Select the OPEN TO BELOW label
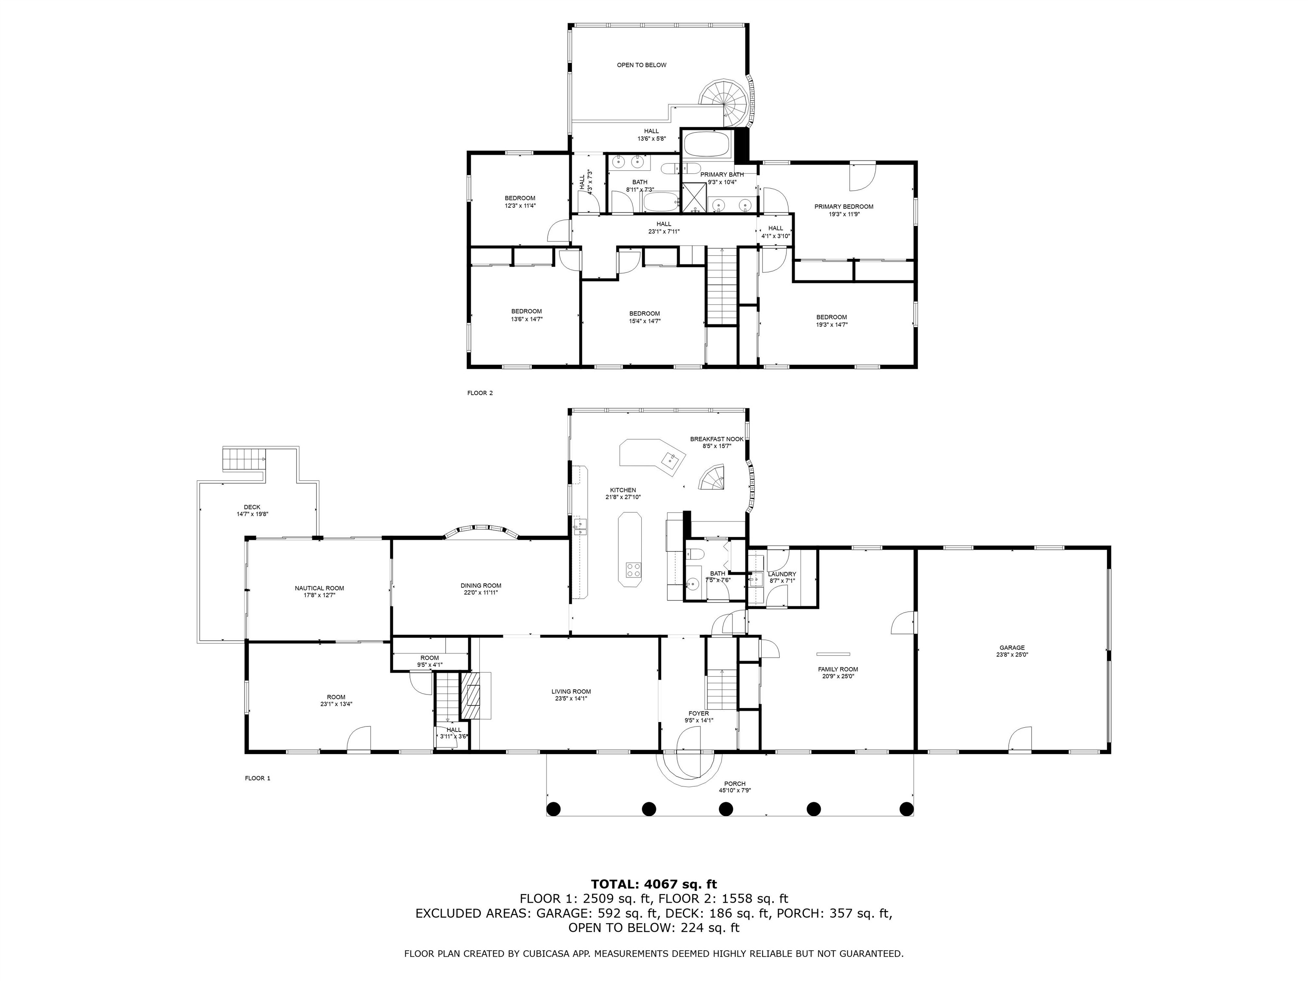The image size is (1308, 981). pyautogui.click(x=642, y=65)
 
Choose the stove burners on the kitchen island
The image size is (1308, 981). pyautogui.click(x=633, y=570)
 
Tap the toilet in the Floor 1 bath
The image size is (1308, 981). pyautogui.click(x=694, y=554)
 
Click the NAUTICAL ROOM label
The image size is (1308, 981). pyautogui.click(x=319, y=588)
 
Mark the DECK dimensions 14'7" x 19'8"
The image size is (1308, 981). pyautogui.click(x=252, y=514)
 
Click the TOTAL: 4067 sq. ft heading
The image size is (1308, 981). pyautogui.click(x=654, y=884)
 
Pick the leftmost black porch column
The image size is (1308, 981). pyautogui.click(x=554, y=808)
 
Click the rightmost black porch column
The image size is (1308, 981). pyautogui.click(x=906, y=808)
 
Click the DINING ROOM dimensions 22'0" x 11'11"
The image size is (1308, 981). pyautogui.click(x=481, y=593)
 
